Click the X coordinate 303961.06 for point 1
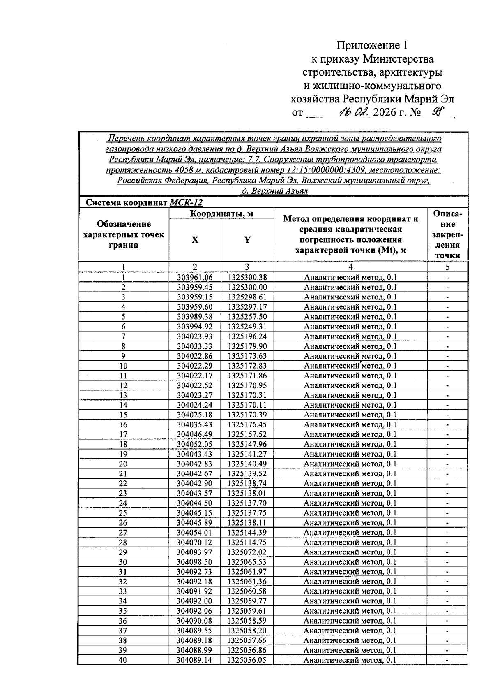(x=195, y=278)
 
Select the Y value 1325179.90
(x=247, y=346)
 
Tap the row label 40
(x=123, y=660)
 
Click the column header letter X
(x=195, y=240)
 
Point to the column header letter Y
(x=247, y=240)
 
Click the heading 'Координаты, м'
(x=221, y=213)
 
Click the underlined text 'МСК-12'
(x=186, y=203)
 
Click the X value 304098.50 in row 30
(x=195, y=562)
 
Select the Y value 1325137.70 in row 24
(x=247, y=503)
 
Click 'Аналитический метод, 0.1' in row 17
(x=350, y=434)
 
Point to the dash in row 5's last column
(x=447, y=317)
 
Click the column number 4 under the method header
(x=350, y=267)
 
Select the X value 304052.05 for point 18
(x=195, y=444)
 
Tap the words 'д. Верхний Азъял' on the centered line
(x=274, y=191)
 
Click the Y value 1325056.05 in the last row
(x=247, y=660)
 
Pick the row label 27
(x=123, y=533)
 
